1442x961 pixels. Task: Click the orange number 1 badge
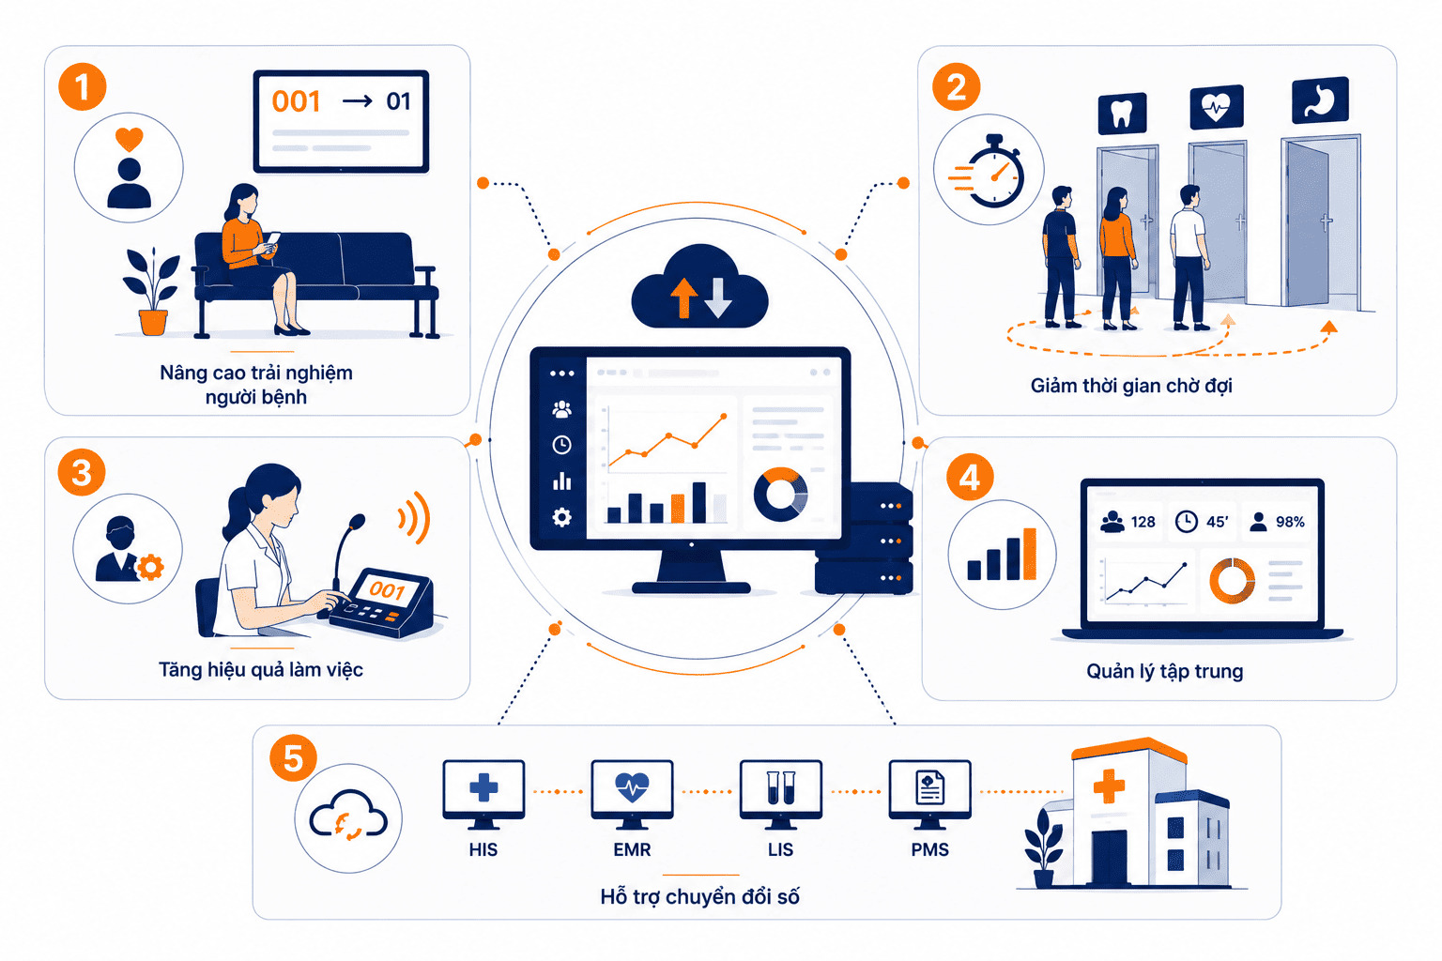pyautogui.click(x=83, y=87)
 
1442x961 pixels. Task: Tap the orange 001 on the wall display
pyautogui.click(x=296, y=101)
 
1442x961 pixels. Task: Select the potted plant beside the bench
pyautogui.click(x=152, y=291)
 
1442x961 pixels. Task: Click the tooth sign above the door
pyautogui.click(x=1122, y=114)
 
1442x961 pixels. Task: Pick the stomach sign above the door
pyautogui.click(x=1320, y=100)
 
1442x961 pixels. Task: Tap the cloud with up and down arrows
pyautogui.click(x=699, y=287)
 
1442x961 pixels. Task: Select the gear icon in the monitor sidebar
pyautogui.click(x=562, y=517)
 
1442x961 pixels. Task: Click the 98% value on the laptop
pyautogui.click(x=1290, y=522)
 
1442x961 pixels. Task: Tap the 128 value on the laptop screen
pyautogui.click(x=1143, y=522)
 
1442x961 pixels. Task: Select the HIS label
pyautogui.click(x=483, y=849)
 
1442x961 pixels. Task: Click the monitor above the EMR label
pyautogui.click(x=632, y=794)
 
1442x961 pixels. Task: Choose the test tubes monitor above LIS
pyautogui.click(x=781, y=794)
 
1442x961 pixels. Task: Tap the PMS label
pyautogui.click(x=929, y=849)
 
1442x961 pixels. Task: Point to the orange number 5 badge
pyautogui.click(x=293, y=758)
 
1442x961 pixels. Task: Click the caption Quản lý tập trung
pyautogui.click(x=1164, y=671)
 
